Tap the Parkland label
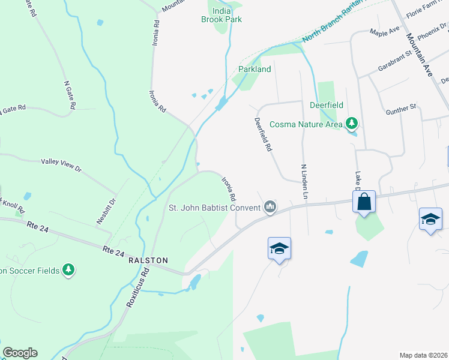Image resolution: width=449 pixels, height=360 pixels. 255,69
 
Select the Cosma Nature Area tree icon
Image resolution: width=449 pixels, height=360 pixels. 352,124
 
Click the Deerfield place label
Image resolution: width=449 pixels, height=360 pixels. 326,105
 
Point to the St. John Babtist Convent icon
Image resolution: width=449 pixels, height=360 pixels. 271,208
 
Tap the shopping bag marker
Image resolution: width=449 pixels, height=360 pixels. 364,202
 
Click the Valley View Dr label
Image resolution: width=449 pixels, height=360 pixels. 61,165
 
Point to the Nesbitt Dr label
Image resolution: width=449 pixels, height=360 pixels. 106,211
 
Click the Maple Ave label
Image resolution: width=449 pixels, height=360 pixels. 385,31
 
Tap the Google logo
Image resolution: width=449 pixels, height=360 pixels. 20,353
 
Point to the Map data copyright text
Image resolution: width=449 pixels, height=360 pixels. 423,355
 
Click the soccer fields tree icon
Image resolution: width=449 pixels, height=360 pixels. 69,270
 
